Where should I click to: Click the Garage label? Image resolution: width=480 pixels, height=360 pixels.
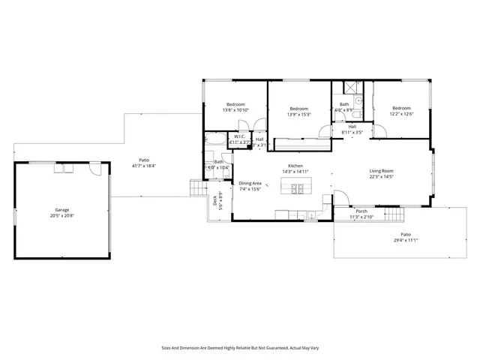coord(61,209)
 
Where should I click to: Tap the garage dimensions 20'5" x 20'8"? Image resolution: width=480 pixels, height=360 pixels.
coord(61,215)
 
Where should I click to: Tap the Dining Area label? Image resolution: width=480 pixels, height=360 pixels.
coord(250,183)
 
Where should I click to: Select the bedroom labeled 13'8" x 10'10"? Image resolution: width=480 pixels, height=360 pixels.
coord(235,107)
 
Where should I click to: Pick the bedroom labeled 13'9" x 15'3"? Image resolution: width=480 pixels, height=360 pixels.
coord(300,112)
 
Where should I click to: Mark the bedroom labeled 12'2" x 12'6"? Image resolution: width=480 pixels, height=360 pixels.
coord(400,110)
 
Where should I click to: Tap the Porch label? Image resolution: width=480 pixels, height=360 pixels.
coord(361,211)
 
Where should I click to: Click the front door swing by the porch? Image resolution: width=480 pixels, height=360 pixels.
coord(340,199)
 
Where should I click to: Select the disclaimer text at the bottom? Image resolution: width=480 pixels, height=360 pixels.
coord(239,348)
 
